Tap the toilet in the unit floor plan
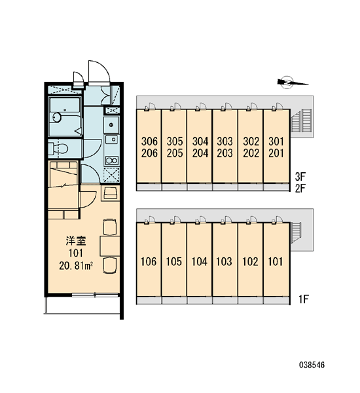click(x=58, y=149)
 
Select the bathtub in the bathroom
click(x=65, y=117)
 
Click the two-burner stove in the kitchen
click(x=112, y=160)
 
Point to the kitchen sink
click(x=111, y=140)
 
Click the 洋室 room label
click(x=76, y=241)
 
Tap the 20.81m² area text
click(x=76, y=266)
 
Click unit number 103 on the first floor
click(x=225, y=261)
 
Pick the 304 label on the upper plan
click(x=200, y=141)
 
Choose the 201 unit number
click(x=276, y=153)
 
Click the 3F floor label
click(x=300, y=177)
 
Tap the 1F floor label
click(x=304, y=299)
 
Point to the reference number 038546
click(x=312, y=365)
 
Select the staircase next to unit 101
click(x=296, y=233)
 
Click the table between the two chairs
click(x=110, y=246)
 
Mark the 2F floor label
click(x=300, y=189)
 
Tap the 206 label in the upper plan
click(x=149, y=153)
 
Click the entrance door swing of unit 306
click(x=151, y=106)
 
